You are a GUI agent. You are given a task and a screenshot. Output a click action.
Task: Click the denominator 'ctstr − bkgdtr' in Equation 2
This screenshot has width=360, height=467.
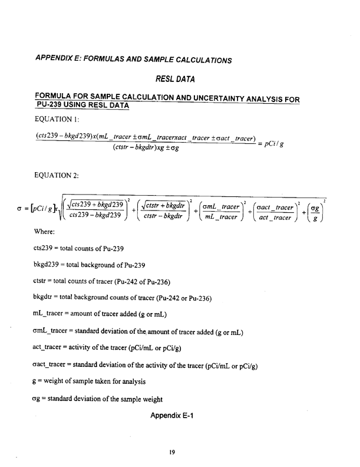pos(160,216)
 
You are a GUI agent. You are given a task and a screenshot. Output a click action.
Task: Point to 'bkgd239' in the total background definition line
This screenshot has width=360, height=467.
pos(48,266)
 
